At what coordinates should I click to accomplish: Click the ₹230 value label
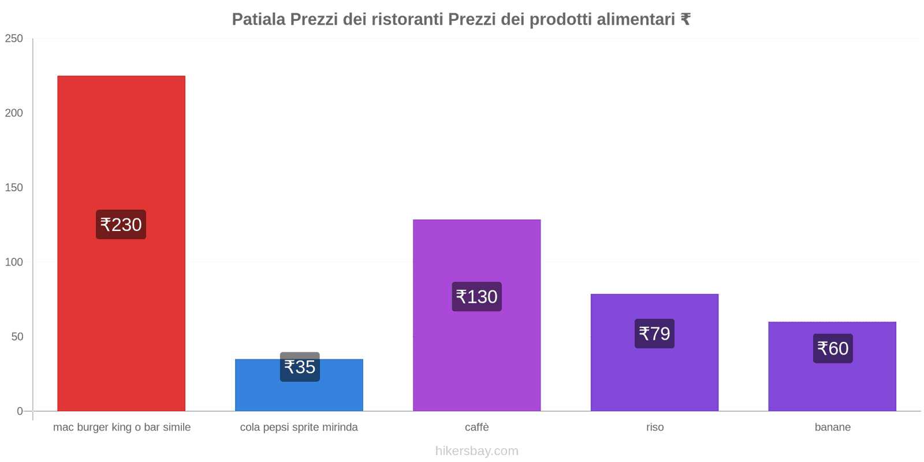tap(121, 225)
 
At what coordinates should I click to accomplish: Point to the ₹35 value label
tap(300, 367)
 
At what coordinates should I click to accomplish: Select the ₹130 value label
tap(476, 297)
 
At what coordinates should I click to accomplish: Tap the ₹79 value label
tap(654, 334)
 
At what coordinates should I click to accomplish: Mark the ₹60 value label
tap(833, 348)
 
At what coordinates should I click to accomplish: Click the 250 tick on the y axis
tap(14, 39)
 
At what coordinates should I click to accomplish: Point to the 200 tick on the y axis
tap(14, 113)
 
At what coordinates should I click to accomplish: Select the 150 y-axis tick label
tap(14, 188)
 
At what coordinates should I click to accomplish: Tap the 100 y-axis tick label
tap(14, 262)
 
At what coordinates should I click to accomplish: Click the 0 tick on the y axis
tap(20, 411)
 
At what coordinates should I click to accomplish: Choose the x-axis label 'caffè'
tap(476, 427)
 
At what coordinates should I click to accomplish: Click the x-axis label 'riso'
tap(655, 427)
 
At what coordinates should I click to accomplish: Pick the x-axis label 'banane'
tap(832, 427)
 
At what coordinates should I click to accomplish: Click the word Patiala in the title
tap(258, 20)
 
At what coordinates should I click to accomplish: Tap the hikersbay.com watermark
tap(476, 451)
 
